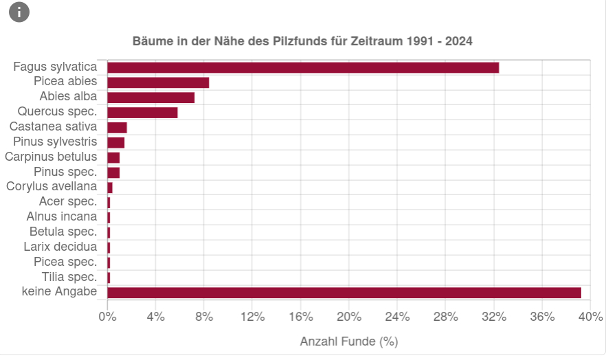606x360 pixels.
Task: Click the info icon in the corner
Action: pyautogui.click(x=19, y=12)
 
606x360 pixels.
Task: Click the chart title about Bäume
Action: pyautogui.click(x=302, y=41)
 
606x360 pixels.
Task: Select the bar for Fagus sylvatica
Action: pyautogui.click(x=303, y=67)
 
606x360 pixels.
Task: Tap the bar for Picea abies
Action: pyautogui.click(x=158, y=82)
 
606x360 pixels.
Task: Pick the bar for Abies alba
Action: pyautogui.click(x=151, y=98)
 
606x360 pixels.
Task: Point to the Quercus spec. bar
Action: pyautogui.click(x=142, y=113)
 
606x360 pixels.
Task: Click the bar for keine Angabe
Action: pyautogui.click(x=344, y=293)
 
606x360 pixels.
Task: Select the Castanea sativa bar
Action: pyautogui.click(x=117, y=128)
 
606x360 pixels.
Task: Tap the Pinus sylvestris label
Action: pyautogui.click(x=55, y=142)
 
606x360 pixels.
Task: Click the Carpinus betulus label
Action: pyautogui.click(x=51, y=157)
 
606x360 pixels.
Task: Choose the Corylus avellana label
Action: pyautogui.click(x=52, y=186)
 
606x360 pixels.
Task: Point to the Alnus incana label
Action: pyautogui.click(x=62, y=216)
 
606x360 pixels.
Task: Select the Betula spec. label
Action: pyautogui.click(x=63, y=232)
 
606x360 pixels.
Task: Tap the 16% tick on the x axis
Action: pyautogui.click(x=301, y=317)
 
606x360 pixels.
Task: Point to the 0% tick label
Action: pyautogui.click(x=107, y=317)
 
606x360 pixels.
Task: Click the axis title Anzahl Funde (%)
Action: pyautogui.click(x=349, y=341)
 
